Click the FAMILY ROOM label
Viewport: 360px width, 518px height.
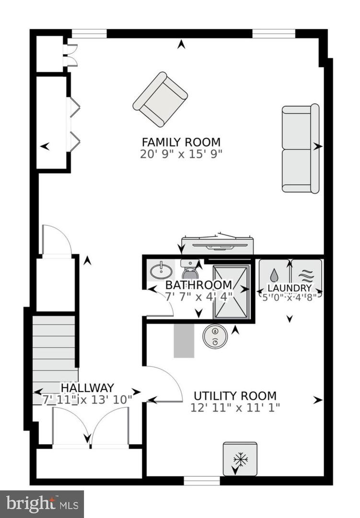point(181,142)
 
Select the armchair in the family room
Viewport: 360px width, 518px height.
point(160,99)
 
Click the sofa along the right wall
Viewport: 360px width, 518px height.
point(300,148)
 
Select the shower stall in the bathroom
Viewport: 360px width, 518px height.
point(232,292)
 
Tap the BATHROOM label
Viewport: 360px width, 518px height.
point(198,285)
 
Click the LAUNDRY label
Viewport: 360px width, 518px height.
point(290,288)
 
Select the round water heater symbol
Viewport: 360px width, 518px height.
point(214,337)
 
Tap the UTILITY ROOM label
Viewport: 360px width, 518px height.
point(235,396)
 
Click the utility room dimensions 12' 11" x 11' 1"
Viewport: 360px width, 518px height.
point(235,408)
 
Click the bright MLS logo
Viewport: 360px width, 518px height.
point(42,504)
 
